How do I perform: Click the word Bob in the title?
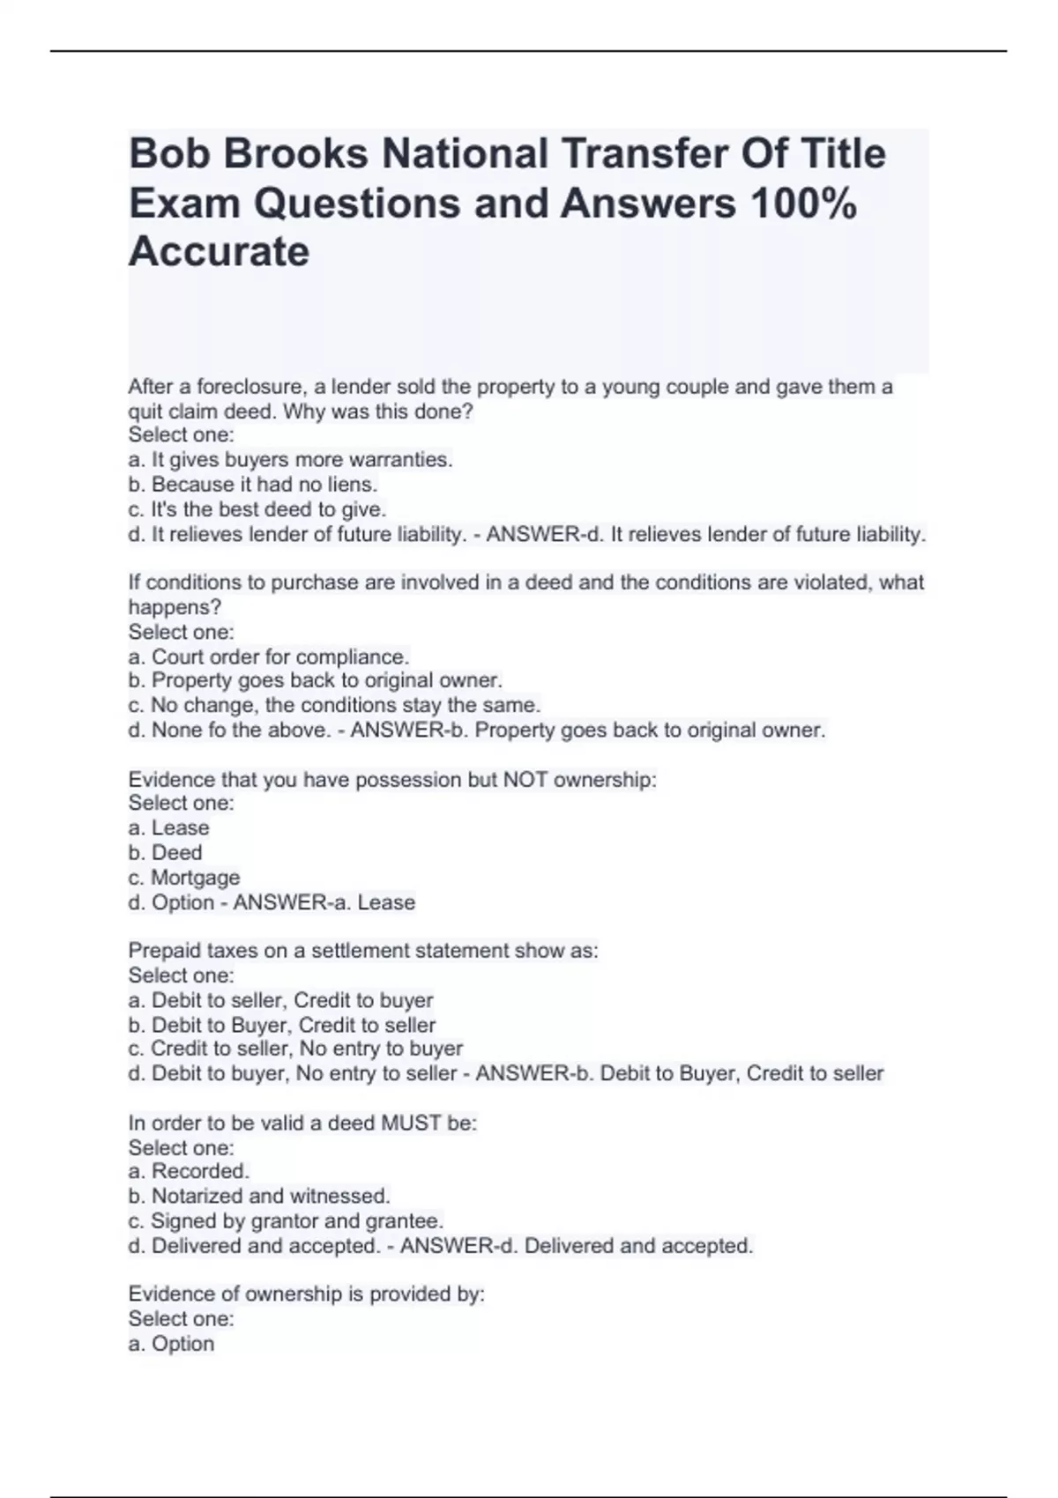click(x=167, y=154)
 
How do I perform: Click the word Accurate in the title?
click(x=219, y=252)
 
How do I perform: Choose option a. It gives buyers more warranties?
click(x=290, y=460)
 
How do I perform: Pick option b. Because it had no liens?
click(x=252, y=485)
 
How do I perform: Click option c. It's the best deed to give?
click(x=257, y=509)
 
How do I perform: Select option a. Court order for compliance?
click(x=268, y=657)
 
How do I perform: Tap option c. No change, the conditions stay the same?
click(x=334, y=706)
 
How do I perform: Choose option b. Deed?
click(x=165, y=853)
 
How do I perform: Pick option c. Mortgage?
click(x=183, y=878)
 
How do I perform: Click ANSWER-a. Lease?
click(x=324, y=902)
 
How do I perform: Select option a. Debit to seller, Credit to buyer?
click(x=280, y=1001)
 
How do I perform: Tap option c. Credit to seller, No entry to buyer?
click(x=295, y=1049)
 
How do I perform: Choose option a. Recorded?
click(x=189, y=1171)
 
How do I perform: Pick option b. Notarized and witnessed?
click(x=258, y=1197)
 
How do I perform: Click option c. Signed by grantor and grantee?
click(x=286, y=1221)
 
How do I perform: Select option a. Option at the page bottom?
click(x=171, y=1344)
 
